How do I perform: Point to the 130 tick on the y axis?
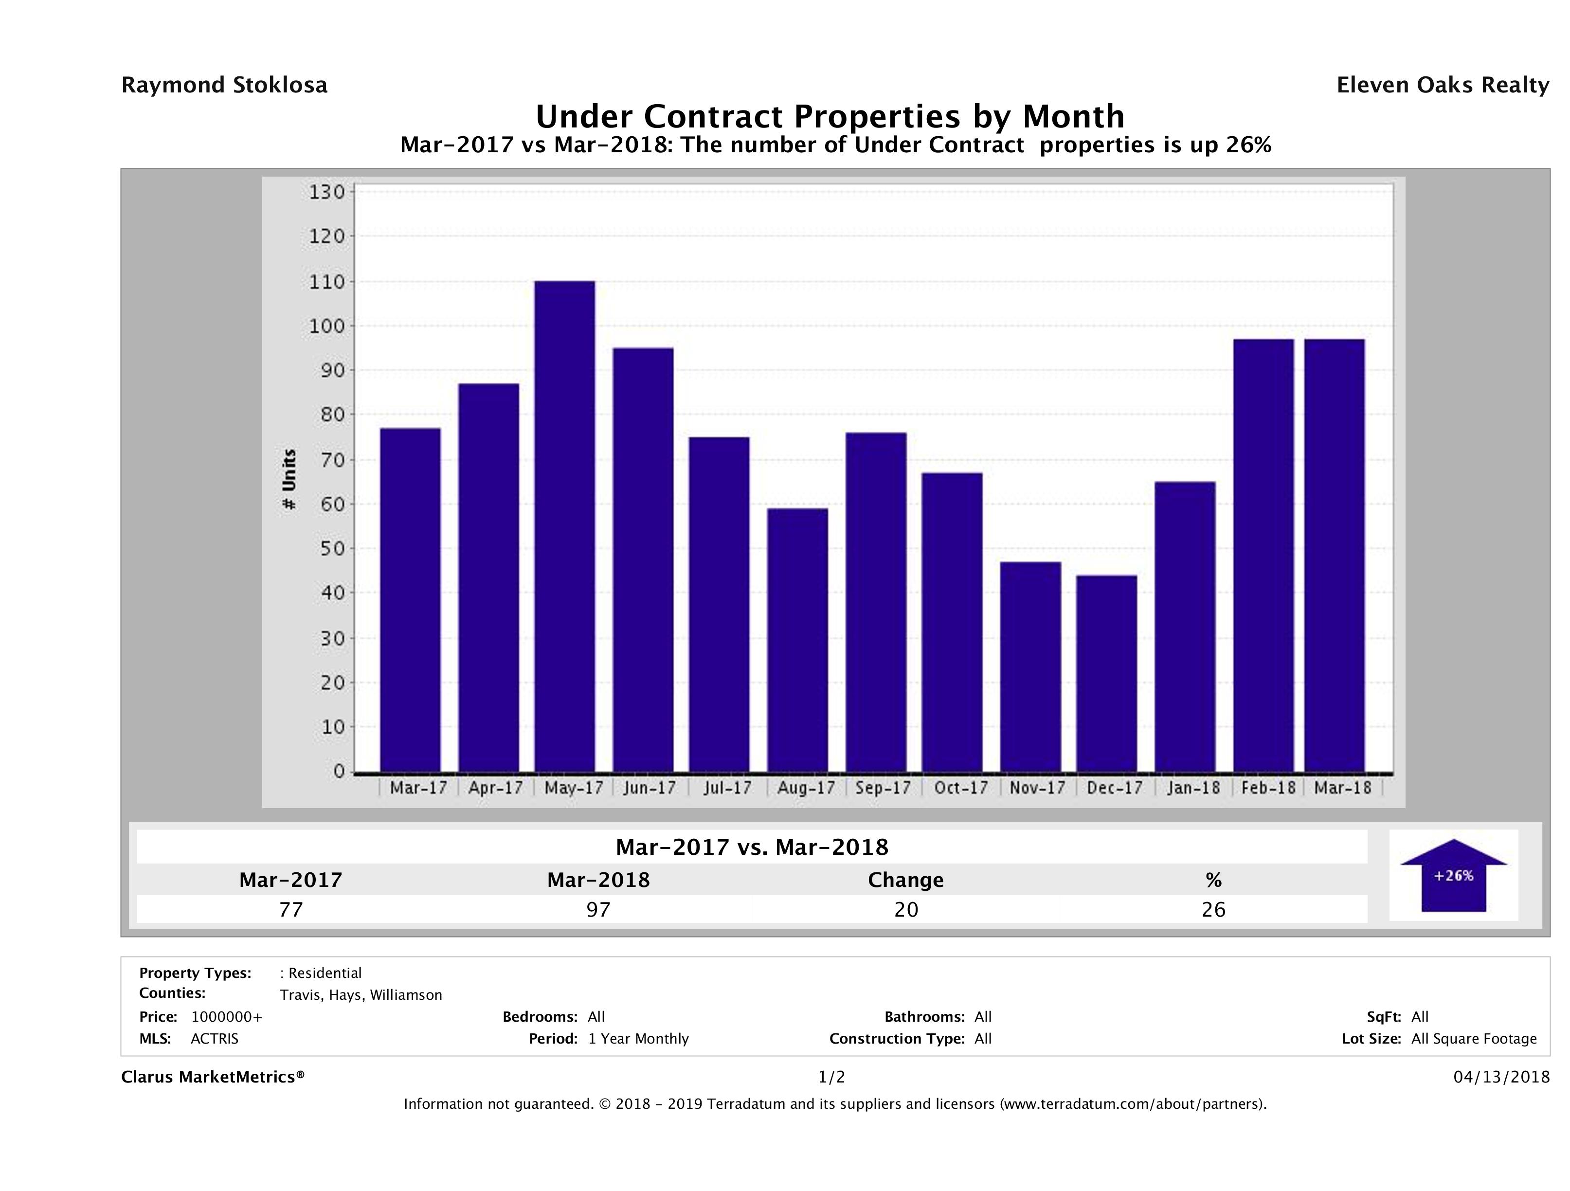pos(326,192)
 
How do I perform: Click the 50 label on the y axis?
pos(326,549)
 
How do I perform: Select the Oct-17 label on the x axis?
pos(961,788)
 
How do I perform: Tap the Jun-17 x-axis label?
pos(650,788)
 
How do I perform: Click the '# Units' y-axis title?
pos(289,480)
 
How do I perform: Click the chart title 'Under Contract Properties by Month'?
pos(830,116)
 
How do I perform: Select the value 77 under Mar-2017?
pos(291,909)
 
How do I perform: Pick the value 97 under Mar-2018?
pos(598,909)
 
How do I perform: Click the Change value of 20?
pos(906,909)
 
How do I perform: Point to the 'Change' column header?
pos(906,880)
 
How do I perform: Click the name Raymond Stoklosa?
pos(224,85)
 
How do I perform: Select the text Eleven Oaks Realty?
pos(1442,85)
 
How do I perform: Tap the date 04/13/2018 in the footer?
pos(1501,1078)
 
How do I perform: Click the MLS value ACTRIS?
pos(215,1039)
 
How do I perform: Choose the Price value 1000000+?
pos(226,1017)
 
